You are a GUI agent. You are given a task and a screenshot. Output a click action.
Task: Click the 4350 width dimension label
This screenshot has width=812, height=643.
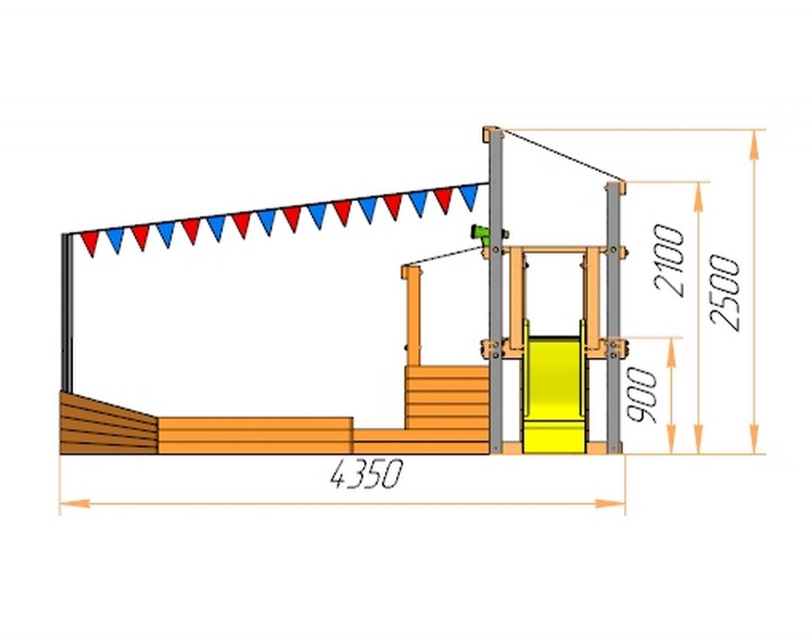[366, 474]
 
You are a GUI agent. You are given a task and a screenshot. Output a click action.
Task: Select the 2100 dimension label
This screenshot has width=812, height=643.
[669, 260]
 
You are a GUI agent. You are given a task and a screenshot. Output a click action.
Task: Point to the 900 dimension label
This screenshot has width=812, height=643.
[642, 395]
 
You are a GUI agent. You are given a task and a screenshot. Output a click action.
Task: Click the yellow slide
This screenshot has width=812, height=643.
[555, 394]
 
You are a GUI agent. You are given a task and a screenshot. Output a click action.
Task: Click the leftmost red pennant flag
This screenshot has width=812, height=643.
[90, 244]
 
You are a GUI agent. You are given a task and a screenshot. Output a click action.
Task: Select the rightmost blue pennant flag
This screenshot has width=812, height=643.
[469, 198]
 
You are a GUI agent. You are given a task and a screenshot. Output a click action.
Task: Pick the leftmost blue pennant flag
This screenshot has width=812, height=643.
[115, 240]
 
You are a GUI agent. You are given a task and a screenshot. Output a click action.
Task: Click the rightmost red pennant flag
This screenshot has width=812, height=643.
[444, 200]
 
